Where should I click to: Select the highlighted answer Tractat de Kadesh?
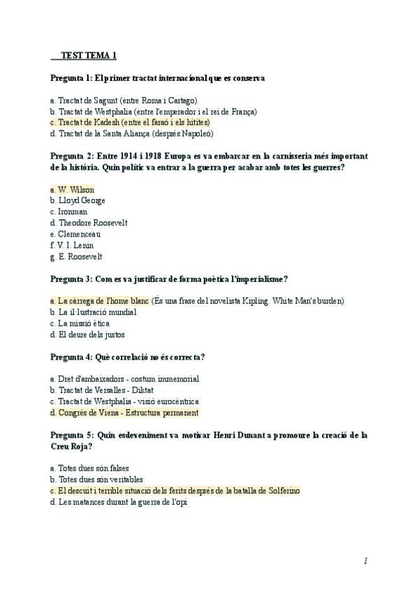click(x=131, y=122)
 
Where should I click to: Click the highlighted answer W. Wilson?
click(x=73, y=189)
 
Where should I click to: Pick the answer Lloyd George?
click(x=78, y=200)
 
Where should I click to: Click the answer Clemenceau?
click(x=76, y=234)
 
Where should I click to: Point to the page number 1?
click(x=365, y=561)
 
